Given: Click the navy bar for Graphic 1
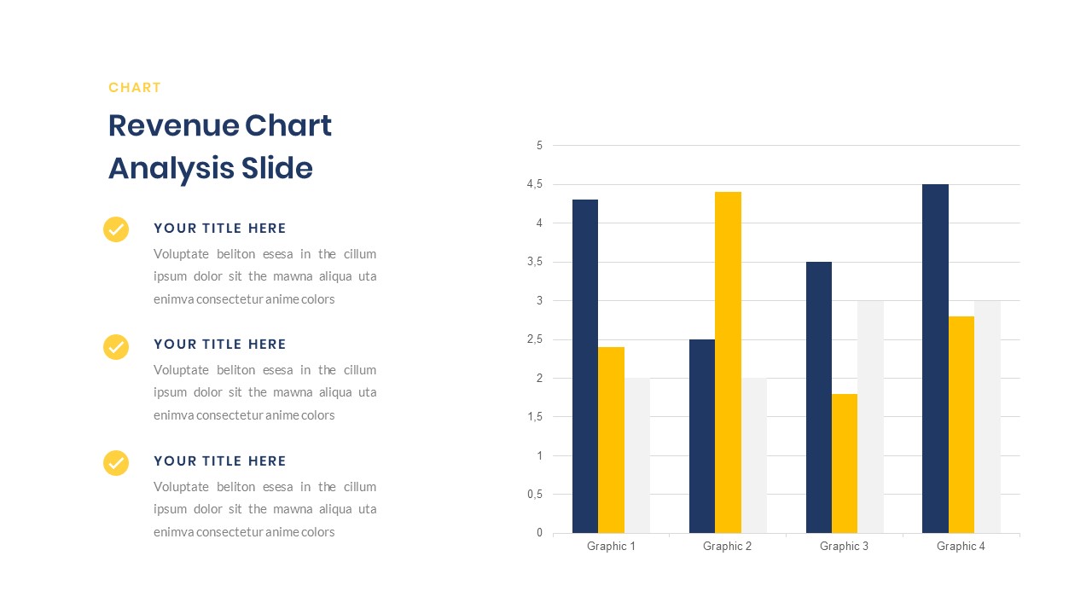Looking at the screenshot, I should [584, 367].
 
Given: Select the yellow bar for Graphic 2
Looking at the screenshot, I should [728, 362].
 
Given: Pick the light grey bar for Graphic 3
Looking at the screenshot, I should [870, 417].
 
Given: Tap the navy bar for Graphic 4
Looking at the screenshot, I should [935, 358].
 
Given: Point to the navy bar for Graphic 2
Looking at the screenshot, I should [702, 436].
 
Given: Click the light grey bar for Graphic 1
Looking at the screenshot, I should [636, 455].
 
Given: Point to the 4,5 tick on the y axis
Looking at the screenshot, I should [535, 184].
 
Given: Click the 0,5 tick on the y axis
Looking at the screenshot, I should [535, 495].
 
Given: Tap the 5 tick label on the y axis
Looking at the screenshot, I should [539, 146].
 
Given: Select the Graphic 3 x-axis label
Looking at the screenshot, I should [844, 547].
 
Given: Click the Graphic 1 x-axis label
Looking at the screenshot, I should [611, 547].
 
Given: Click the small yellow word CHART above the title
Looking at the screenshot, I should [135, 88].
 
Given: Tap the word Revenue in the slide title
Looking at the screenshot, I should [172, 126].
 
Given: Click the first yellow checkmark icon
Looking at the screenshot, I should [116, 229].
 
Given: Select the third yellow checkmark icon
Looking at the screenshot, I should [116, 462].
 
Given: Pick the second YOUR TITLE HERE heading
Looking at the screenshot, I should [219, 345].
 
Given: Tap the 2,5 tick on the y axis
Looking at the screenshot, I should [535, 339].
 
